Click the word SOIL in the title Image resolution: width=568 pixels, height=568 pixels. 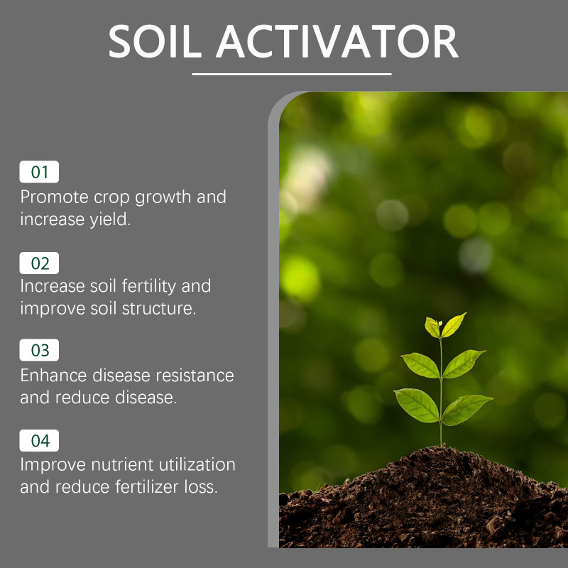pos(155,41)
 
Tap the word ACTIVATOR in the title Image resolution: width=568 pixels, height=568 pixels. pos(337,41)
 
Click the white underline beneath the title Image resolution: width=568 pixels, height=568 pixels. pos(292,75)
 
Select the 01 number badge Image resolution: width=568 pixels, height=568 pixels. pos(39,172)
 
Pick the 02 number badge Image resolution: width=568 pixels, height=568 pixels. pos(39,263)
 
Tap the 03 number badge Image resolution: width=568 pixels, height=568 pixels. pos(39,350)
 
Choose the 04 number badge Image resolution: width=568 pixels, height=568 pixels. pos(39,440)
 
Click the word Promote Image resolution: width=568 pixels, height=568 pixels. pos(55,197)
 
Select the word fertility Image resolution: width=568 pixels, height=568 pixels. pos(149,286)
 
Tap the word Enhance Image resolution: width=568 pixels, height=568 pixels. pos(53,376)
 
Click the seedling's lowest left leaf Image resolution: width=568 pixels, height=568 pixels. pos(416,405)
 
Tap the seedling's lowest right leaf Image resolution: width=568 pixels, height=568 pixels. pos(466,410)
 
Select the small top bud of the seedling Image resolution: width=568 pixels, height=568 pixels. pos(439,323)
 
